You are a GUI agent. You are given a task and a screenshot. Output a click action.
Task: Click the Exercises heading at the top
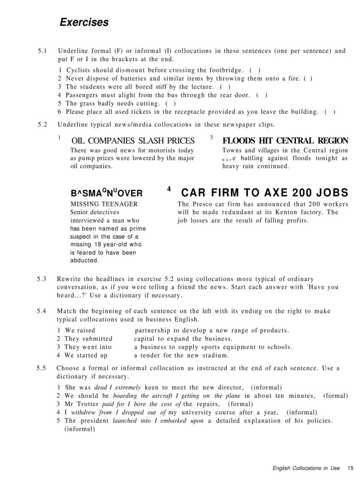pos(84,22)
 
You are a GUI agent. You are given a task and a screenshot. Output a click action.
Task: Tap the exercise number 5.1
pos(43,51)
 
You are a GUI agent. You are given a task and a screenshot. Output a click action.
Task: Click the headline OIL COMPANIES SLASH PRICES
pos(133,140)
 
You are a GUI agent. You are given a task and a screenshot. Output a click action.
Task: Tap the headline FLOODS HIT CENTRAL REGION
pos(285,140)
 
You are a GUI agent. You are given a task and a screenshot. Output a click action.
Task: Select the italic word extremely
pos(125,387)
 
